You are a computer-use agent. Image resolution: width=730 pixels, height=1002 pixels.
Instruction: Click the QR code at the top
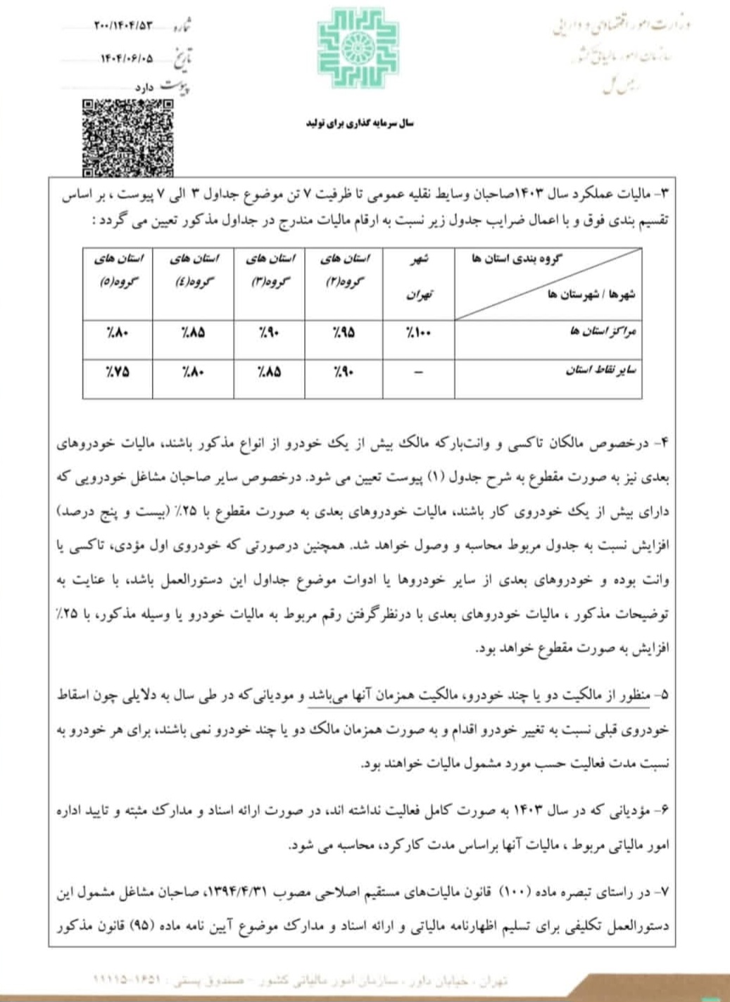pos(127,138)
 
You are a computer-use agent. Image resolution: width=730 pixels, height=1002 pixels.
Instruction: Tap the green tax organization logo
pos(358,48)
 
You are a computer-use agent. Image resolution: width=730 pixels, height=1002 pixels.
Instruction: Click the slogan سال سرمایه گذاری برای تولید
pos(360,123)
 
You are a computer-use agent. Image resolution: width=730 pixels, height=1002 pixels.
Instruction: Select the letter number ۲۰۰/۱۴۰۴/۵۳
pos(122,26)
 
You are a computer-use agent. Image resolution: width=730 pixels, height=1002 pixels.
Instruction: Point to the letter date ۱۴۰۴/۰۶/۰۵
pos(125,58)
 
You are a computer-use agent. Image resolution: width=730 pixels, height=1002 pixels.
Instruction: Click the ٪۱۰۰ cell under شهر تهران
pos(418,333)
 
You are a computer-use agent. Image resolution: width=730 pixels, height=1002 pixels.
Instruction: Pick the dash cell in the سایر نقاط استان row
pos(418,372)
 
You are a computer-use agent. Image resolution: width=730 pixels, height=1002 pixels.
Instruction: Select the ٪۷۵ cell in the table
pos(117,372)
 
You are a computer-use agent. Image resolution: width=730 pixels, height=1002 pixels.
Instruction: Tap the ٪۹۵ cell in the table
pos(344,333)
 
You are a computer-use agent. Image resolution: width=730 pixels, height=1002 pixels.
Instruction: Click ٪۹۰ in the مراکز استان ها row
pos(268,333)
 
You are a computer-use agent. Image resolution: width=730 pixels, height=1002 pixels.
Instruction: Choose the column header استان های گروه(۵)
pos(118,270)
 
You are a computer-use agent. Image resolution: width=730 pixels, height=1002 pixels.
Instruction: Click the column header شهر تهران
pos(418,276)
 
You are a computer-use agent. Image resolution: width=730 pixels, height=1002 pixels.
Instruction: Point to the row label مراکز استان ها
pos(603,331)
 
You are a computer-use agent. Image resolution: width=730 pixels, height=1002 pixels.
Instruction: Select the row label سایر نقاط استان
pos(600,371)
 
